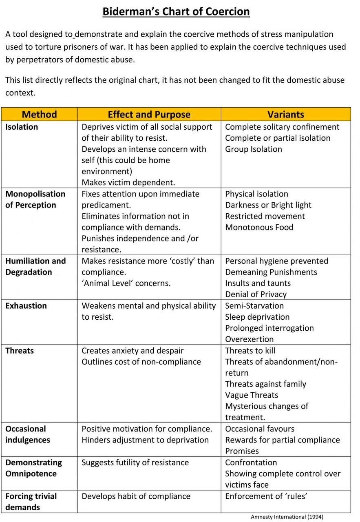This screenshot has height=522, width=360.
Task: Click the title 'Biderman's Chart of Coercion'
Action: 176,11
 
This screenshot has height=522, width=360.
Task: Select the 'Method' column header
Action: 39,114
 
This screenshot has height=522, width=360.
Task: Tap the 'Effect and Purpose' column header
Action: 149,114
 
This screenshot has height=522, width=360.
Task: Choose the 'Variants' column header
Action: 285,114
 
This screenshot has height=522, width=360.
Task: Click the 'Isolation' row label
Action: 22,127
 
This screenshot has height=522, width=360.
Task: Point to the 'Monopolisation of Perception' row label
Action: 35,199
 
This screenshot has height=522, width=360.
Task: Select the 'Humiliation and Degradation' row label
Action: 35,266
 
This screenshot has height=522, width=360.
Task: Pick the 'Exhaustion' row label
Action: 26,306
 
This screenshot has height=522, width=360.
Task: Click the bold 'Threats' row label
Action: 20,351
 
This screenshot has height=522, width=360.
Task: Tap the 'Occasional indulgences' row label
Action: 28,434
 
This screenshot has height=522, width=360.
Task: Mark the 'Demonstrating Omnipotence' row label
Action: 33,468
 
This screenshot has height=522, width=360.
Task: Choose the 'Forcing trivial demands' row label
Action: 31,502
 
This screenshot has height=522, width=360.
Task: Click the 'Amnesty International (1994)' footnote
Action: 287,517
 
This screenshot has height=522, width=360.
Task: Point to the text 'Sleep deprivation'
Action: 257,317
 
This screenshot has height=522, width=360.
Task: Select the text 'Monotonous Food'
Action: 259,227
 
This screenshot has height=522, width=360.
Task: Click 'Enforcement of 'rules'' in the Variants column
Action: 266,496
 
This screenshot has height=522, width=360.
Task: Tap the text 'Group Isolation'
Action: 253,149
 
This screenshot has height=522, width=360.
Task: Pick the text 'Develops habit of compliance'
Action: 136,496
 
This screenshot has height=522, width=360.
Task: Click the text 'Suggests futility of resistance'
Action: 135,462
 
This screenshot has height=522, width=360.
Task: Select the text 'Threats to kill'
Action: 250,350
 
